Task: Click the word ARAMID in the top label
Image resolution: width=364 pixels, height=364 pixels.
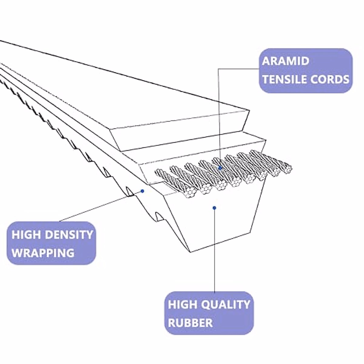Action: coord(285,61)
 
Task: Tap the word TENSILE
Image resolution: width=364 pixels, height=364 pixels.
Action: coord(285,79)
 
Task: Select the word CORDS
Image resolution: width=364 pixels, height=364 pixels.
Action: coord(330,79)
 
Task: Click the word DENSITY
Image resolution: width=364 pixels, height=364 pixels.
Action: coord(69,234)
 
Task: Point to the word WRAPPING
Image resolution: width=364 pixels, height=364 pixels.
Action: coord(43,253)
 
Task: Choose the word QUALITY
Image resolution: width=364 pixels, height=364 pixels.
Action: coord(225,304)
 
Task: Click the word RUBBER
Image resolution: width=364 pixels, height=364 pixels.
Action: coord(190,322)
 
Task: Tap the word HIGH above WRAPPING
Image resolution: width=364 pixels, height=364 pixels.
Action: coord(26,234)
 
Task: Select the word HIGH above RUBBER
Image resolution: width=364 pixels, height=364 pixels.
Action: coord(183,304)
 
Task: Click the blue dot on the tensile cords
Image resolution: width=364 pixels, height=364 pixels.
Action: coord(220,168)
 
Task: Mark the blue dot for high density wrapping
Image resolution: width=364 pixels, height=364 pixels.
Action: coord(143,191)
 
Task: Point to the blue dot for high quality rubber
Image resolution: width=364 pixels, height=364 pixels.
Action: coord(214,208)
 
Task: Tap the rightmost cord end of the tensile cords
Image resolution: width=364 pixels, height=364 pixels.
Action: coord(286,169)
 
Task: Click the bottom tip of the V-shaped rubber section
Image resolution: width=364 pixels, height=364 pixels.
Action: coord(190,252)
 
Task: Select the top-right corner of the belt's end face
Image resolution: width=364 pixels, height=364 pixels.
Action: coord(249,110)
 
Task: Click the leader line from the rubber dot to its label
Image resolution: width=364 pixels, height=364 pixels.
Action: coord(214,251)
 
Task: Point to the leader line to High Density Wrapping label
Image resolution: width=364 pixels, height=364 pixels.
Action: coord(101,206)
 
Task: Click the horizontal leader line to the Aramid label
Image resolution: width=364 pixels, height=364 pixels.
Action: coord(239,69)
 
